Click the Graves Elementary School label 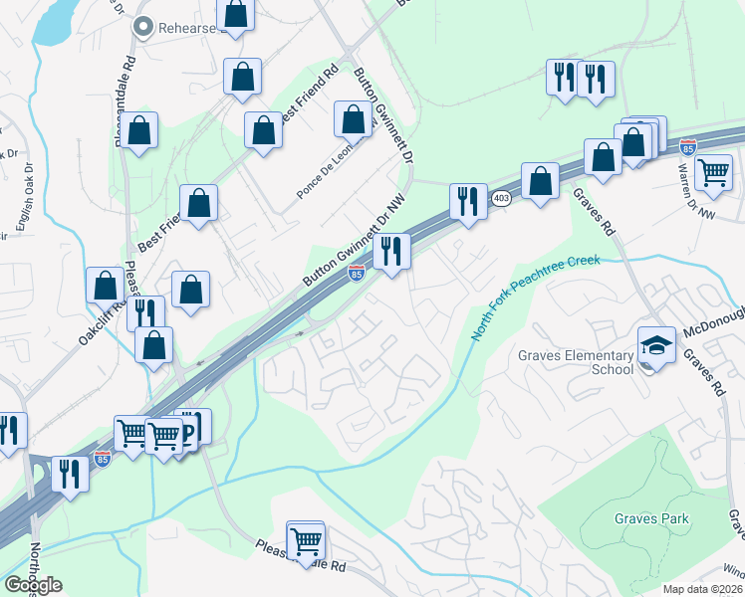tap(576, 362)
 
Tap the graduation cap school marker tap(656, 345)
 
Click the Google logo tap(33, 585)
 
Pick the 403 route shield tap(500, 198)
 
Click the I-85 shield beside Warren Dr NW tap(687, 147)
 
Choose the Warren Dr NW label tap(705, 201)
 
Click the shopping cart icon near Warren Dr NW tap(714, 172)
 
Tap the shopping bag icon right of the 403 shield tap(540, 181)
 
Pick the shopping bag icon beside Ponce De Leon tap(353, 119)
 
